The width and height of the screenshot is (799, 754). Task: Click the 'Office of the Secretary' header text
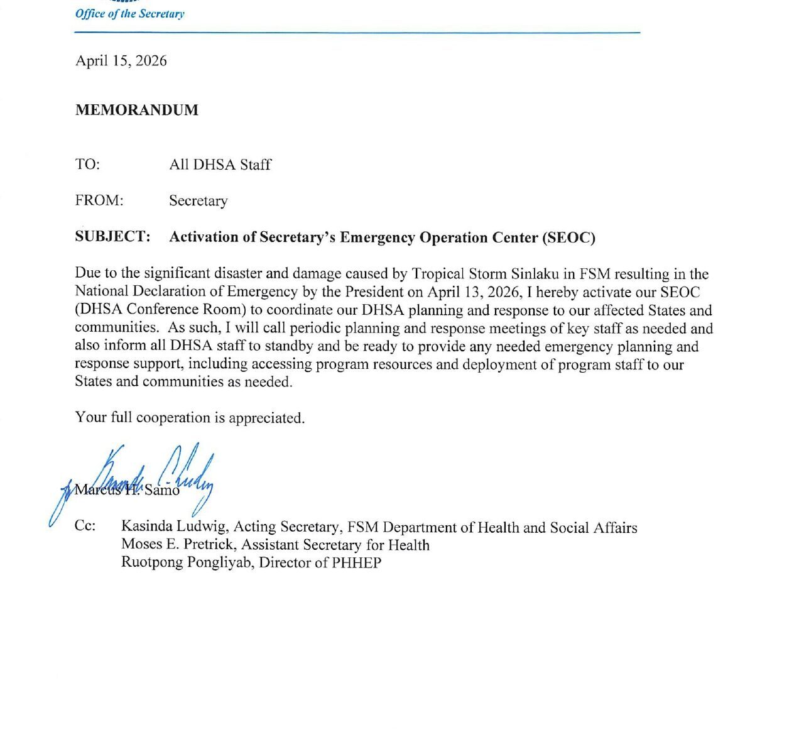click(x=129, y=14)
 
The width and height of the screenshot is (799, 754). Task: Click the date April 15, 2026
click(x=121, y=61)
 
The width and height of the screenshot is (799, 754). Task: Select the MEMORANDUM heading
click(x=137, y=110)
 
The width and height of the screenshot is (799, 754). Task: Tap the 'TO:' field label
click(x=87, y=165)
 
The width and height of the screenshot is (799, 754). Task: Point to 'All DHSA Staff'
click(x=220, y=165)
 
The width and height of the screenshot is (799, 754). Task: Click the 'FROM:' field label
click(x=99, y=200)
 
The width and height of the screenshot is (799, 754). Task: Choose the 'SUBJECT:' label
click(x=112, y=237)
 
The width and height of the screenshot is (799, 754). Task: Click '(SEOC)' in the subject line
click(x=569, y=238)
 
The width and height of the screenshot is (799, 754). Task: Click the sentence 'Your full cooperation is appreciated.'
click(x=190, y=418)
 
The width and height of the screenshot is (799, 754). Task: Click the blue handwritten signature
click(x=157, y=478)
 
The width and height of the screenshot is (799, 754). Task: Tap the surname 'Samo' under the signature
click(x=162, y=491)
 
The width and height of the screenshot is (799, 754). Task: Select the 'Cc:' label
click(x=85, y=526)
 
